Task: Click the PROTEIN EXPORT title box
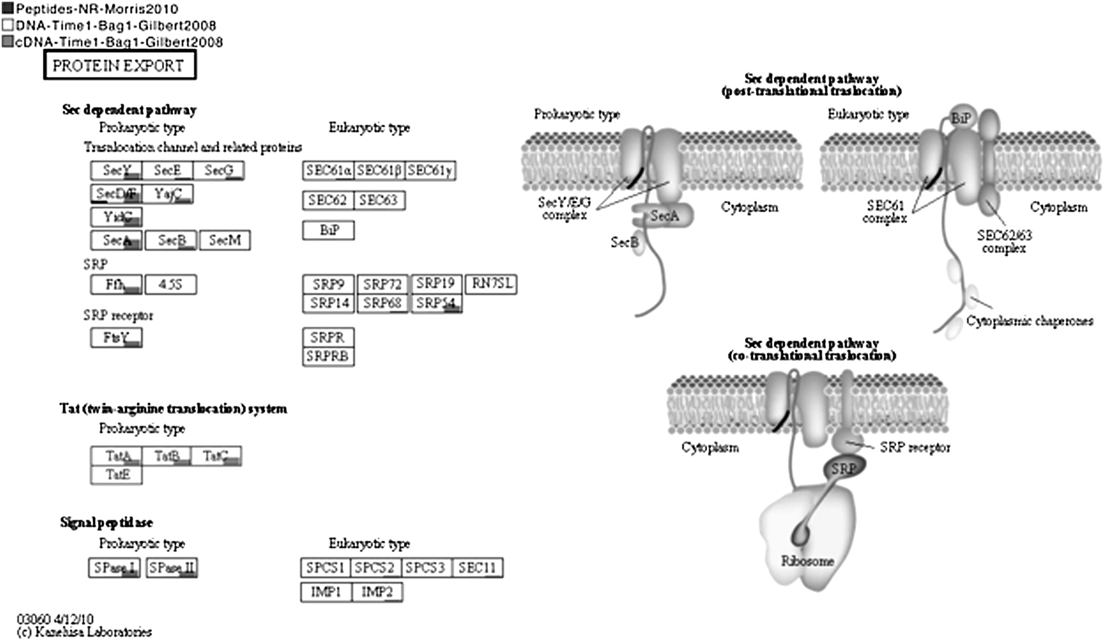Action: click(120, 66)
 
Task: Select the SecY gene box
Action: click(116, 170)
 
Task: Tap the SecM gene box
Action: click(225, 240)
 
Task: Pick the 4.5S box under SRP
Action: click(171, 285)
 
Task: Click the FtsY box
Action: click(116, 337)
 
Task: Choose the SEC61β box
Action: click(379, 170)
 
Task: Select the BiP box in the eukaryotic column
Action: click(328, 230)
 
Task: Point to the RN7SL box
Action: click(490, 283)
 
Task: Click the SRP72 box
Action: click(382, 285)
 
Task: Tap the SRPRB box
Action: click(328, 356)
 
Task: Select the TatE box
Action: click(117, 474)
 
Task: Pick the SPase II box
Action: click(172, 567)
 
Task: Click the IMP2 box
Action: click(377, 592)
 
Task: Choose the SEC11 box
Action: click(477, 567)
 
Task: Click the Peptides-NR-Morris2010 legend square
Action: click(7, 9)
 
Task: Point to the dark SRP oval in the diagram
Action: click(844, 469)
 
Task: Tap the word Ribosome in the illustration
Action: click(807, 561)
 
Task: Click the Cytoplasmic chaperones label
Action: click(1029, 321)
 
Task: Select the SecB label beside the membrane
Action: click(624, 242)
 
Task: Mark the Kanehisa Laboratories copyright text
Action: click(85, 632)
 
